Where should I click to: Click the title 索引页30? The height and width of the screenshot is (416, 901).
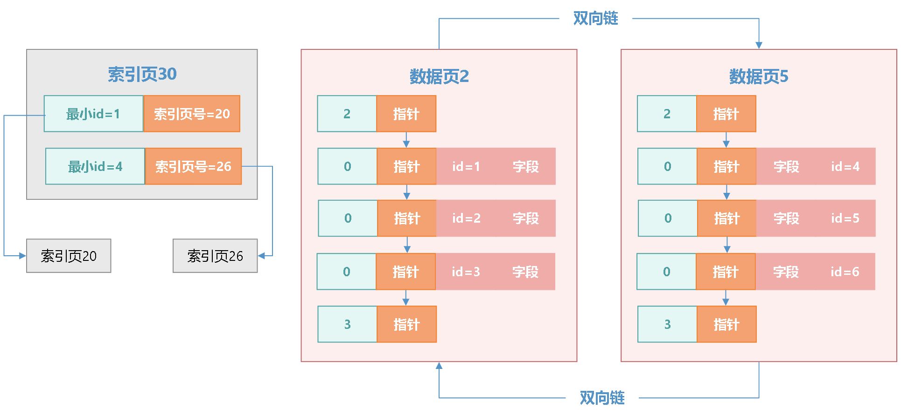point(142,74)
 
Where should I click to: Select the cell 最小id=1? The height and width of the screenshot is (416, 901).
point(93,114)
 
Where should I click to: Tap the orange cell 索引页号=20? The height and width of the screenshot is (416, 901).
point(192,114)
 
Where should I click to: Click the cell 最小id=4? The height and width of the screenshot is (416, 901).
point(95,166)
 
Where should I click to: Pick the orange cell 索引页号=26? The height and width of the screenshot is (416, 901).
point(193,166)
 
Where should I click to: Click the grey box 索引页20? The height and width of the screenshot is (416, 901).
point(69,256)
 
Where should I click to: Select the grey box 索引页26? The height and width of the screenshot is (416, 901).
point(215,256)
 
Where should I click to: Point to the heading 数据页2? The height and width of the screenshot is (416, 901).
point(439,76)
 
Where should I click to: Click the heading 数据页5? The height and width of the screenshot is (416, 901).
point(758,76)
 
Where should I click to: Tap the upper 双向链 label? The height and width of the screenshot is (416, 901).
point(595,19)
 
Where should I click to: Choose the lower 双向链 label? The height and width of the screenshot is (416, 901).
point(602,398)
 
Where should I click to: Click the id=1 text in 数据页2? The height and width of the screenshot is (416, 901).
point(466,166)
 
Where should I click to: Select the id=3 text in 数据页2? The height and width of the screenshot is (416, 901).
point(466,272)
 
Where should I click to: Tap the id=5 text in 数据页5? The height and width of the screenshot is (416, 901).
point(845,218)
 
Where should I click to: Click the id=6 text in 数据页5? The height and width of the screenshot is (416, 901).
point(845,272)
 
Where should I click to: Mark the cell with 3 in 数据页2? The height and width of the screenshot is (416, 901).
point(347,324)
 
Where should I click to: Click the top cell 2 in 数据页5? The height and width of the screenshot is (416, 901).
point(667,114)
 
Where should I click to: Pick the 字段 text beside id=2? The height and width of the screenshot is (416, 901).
point(525,218)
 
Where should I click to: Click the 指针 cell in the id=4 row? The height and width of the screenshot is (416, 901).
point(726,166)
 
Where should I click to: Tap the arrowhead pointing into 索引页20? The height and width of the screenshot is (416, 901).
point(22,256)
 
